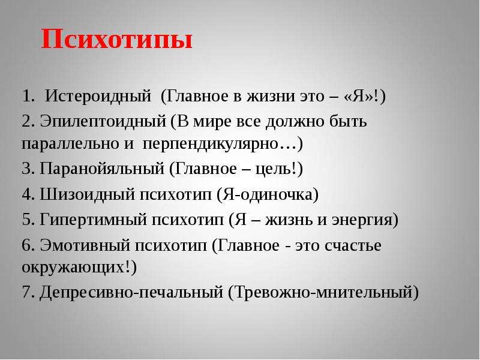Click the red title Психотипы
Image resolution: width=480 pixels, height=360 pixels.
[x=116, y=40]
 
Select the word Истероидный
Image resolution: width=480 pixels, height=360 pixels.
[x=98, y=97]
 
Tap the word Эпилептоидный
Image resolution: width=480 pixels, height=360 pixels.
[x=103, y=122]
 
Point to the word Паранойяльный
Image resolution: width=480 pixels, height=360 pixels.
[x=102, y=169]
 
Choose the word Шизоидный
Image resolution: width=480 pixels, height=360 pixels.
[x=88, y=194]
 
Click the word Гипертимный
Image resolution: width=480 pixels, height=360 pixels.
[x=94, y=220]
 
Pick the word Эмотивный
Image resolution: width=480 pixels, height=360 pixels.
[x=85, y=245]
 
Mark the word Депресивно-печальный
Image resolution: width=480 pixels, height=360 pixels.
[x=131, y=292]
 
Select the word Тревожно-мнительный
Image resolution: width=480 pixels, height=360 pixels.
[x=323, y=292]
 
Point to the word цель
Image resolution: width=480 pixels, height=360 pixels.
[x=271, y=170]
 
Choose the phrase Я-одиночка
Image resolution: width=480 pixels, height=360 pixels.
[x=267, y=194]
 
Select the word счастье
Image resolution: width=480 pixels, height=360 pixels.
[x=353, y=246]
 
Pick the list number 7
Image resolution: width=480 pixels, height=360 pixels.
[x=28, y=292]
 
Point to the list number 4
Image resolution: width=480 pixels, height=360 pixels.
[x=28, y=194]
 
